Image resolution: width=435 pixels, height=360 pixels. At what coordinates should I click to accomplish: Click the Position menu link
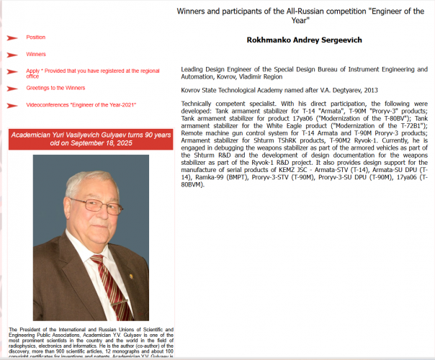click(35, 37)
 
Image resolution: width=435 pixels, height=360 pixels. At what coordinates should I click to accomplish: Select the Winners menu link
click(36, 54)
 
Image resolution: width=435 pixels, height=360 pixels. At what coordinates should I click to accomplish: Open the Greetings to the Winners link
click(55, 88)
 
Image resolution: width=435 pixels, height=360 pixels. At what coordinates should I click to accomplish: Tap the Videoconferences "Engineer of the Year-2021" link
click(81, 105)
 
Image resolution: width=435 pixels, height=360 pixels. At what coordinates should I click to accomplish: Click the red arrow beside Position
click(12, 37)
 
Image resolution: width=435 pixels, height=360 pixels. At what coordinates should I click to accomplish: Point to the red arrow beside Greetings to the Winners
click(12, 89)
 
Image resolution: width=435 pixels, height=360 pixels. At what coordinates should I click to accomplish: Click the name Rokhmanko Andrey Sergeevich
click(304, 40)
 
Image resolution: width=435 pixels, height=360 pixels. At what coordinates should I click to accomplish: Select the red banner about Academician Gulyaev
click(91, 139)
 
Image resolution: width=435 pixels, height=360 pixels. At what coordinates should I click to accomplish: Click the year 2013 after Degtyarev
click(370, 90)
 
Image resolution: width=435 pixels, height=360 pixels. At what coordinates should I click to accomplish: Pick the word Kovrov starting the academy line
click(192, 90)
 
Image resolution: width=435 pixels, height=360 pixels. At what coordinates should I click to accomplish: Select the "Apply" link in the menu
click(33, 71)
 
